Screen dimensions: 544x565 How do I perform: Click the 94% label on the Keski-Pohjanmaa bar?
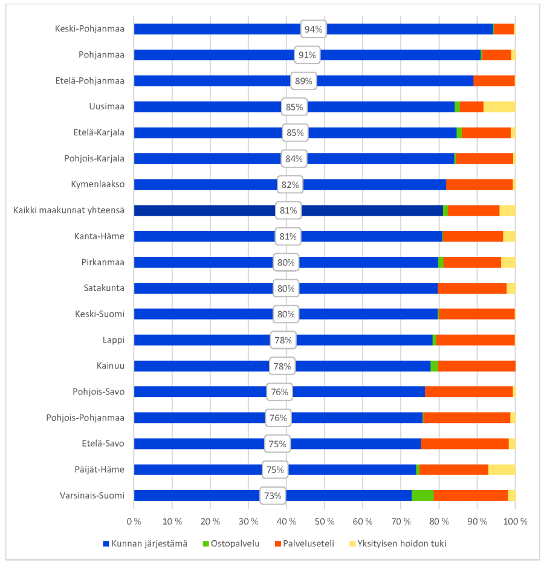pos(314,29)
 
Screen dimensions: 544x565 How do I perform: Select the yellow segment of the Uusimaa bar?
pos(499,107)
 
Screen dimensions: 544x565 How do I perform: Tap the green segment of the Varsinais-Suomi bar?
pos(423,496)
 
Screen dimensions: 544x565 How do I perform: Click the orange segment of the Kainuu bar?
pos(476,366)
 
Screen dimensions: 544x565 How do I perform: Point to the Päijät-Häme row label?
pos(99,470)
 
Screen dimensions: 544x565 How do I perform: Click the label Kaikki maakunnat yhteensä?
pos(69,210)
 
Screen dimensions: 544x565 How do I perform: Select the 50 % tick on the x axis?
pos(325,521)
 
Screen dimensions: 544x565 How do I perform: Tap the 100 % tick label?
pos(515,521)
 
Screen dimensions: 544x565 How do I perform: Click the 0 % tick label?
pos(134,521)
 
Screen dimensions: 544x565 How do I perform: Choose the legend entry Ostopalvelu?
pos(231,543)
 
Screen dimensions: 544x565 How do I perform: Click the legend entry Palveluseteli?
pos(304,543)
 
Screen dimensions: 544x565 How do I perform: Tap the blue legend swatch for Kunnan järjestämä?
pos(106,544)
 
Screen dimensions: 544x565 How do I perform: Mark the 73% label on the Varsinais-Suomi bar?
pos(273,496)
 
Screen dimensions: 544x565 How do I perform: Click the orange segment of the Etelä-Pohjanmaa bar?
pos(494,81)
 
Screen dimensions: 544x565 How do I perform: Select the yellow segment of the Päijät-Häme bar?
pos(502,470)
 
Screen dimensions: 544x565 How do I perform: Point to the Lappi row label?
pos(114,340)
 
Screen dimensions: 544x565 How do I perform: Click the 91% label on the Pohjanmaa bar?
pos(307,55)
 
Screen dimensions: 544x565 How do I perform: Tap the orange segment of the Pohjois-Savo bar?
pos(468,392)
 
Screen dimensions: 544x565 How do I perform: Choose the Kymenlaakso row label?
pos(98,184)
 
